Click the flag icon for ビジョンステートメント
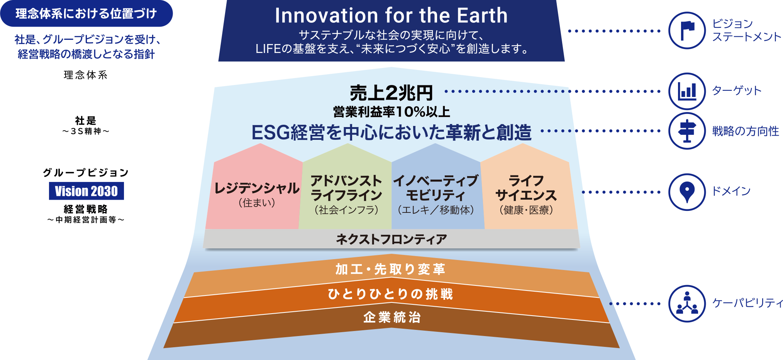tap(687, 31)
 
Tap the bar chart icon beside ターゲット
tap(687, 91)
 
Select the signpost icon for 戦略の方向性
tap(687, 131)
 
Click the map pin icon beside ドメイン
tap(687, 192)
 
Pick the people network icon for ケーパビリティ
tap(687, 304)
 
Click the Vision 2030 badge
tap(86, 191)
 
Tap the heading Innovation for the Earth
tap(391, 15)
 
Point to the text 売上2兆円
tap(391, 93)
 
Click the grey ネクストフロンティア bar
tap(391, 239)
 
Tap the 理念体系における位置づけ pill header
tap(86, 14)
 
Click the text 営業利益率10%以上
tap(391, 112)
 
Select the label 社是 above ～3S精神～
tap(86, 120)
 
